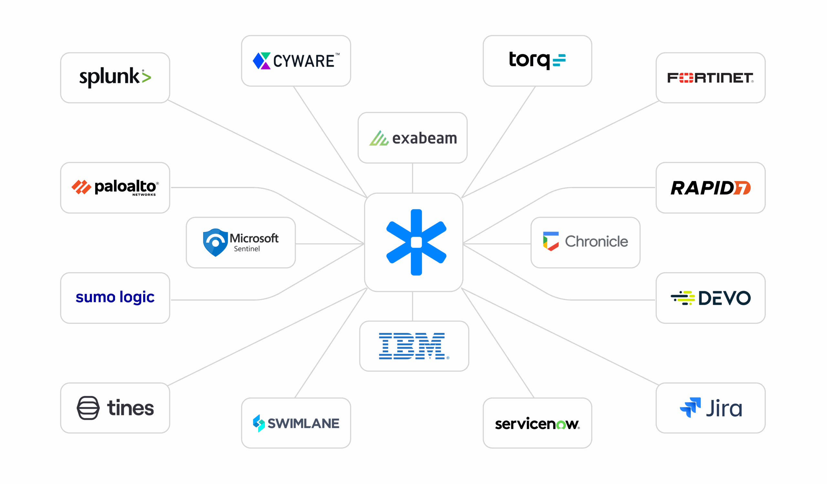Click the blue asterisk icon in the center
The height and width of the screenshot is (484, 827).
[x=416, y=242]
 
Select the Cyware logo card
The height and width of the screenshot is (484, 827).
[x=296, y=61]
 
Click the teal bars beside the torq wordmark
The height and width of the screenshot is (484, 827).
[x=559, y=60]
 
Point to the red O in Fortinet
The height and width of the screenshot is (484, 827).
[x=686, y=78]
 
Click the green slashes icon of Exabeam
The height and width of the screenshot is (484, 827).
[x=379, y=138]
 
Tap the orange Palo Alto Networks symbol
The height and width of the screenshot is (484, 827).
[x=81, y=187]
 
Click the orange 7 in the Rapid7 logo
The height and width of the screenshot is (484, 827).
[x=742, y=188]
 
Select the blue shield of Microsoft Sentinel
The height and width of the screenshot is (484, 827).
[x=215, y=243]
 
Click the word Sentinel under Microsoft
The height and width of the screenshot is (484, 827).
[x=247, y=249]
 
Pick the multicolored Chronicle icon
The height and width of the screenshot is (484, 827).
[x=551, y=241]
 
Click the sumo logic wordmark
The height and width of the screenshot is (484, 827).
[x=115, y=297]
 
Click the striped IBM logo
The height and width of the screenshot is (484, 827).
[x=412, y=346]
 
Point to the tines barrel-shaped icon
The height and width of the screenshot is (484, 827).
[x=88, y=408]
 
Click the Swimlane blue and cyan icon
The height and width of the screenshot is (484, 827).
[x=259, y=423]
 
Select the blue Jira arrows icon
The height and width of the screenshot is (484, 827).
[x=690, y=407]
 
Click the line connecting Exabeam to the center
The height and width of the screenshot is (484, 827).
[x=413, y=178]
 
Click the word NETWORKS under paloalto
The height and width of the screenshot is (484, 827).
[x=144, y=195]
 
